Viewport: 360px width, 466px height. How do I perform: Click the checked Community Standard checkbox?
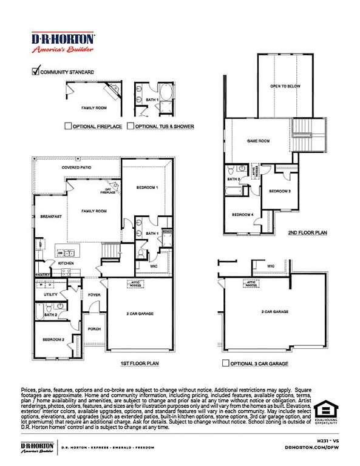[x=35, y=71]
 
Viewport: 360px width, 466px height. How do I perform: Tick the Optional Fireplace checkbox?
[x=68, y=126]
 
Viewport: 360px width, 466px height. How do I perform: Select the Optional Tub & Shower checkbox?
[x=131, y=126]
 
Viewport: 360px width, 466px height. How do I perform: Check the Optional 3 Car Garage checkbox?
[x=225, y=363]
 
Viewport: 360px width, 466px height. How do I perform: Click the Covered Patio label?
[x=75, y=167]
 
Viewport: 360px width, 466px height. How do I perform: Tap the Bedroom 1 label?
[x=147, y=187]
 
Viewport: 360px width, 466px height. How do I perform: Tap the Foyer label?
[x=94, y=295]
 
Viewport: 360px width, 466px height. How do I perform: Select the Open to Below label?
[x=285, y=87]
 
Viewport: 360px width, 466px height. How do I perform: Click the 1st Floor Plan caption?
[x=140, y=363]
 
